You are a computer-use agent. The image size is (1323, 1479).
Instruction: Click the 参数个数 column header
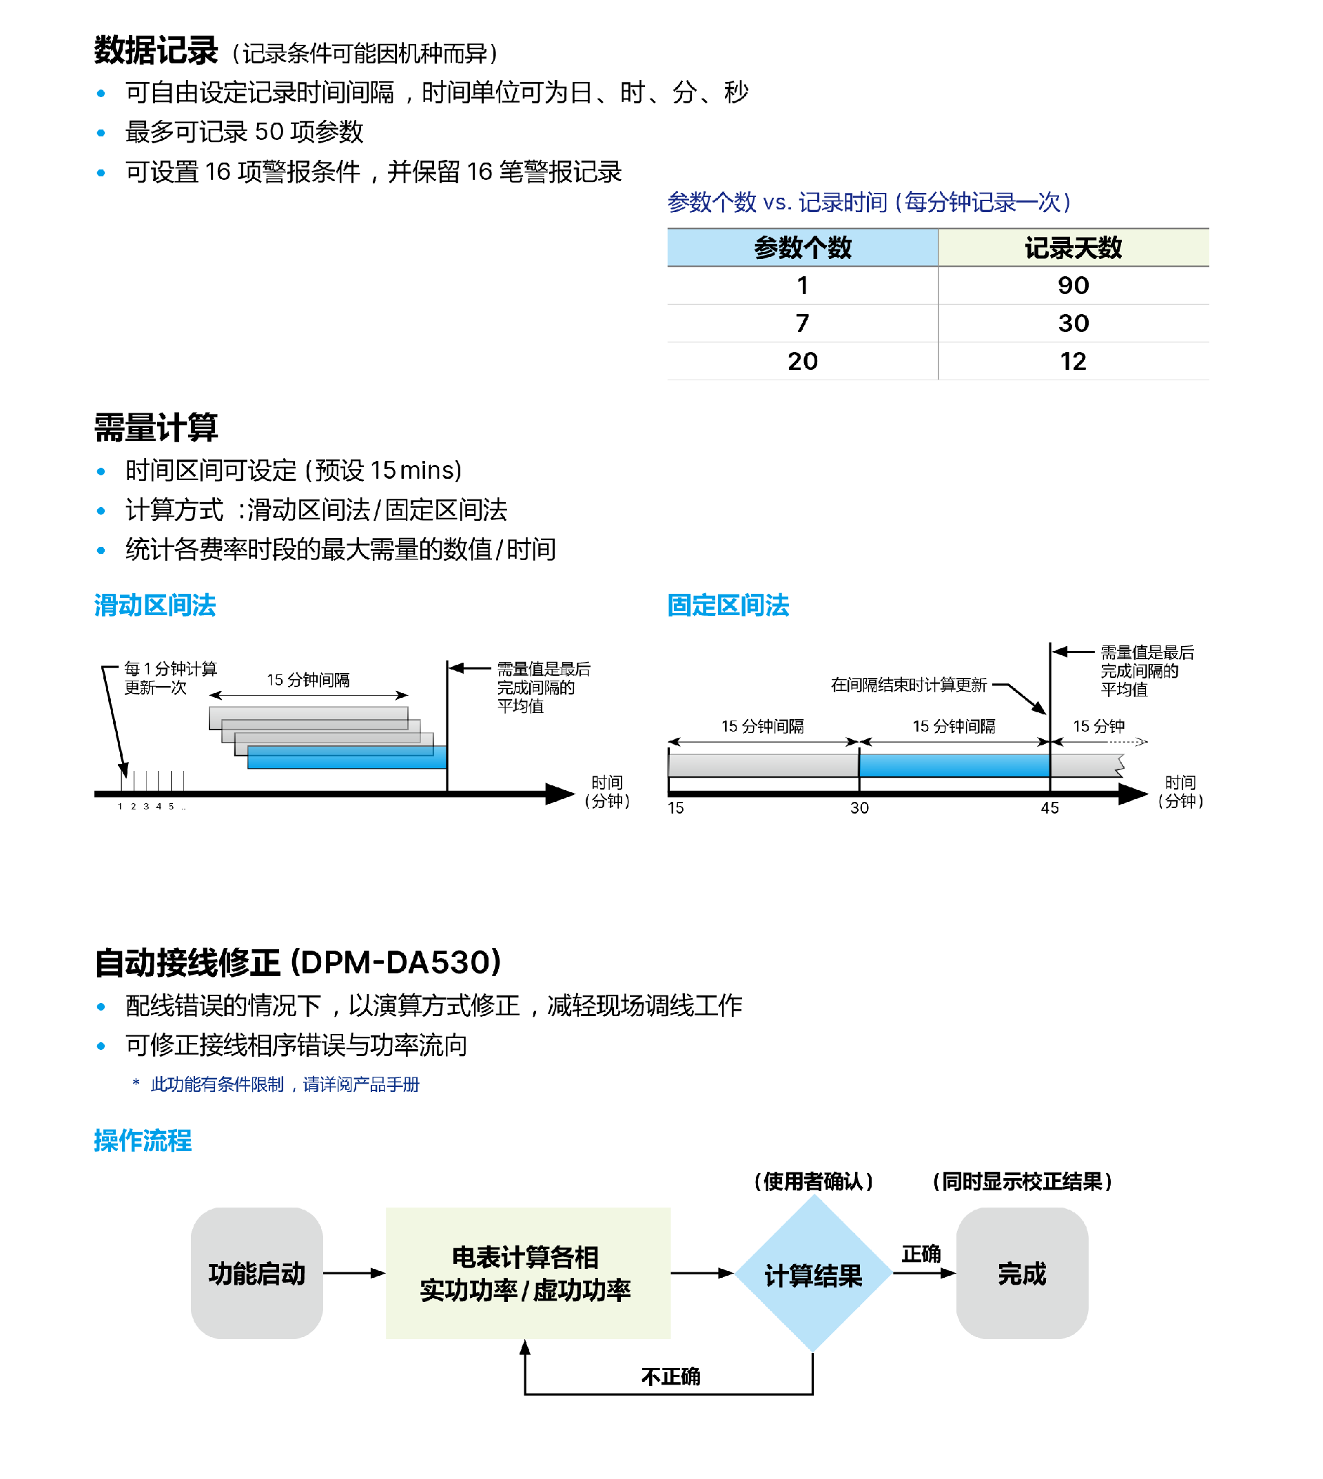click(x=803, y=248)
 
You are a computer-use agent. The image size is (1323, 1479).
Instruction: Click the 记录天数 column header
click(x=1073, y=248)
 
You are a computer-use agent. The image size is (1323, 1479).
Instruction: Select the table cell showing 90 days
click(x=1073, y=286)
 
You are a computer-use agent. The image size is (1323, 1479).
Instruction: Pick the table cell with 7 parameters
click(x=803, y=323)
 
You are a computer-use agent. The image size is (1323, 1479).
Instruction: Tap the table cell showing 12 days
click(x=1073, y=361)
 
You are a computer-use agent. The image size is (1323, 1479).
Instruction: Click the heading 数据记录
click(x=156, y=51)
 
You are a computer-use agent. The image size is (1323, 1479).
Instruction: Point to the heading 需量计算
click(x=156, y=427)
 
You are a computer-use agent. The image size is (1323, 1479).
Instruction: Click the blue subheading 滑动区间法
click(x=155, y=606)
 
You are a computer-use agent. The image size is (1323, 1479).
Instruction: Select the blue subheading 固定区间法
click(x=728, y=606)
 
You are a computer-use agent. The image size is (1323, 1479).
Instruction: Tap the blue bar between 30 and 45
click(x=954, y=765)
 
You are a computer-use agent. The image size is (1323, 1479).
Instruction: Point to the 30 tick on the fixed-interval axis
click(x=859, y=807)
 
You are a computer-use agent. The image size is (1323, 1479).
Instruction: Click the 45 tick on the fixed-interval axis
click(x=1049, y=807)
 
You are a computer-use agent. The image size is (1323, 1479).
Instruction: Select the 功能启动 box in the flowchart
click(x=256, y=1273)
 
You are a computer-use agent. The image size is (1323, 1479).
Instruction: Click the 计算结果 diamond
click(x=812, y=1275)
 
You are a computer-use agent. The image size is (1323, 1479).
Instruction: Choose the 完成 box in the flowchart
click(x=1021, y=1273)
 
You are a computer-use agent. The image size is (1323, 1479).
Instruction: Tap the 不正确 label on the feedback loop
click(x=670, y=1376)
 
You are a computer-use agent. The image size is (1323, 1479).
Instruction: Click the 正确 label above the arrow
click(x=921, y=1254)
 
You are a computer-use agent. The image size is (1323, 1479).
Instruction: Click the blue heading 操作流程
click(x=143, y=1140)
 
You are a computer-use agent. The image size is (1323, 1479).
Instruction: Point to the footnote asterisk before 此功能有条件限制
click(x=136, y=1083)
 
